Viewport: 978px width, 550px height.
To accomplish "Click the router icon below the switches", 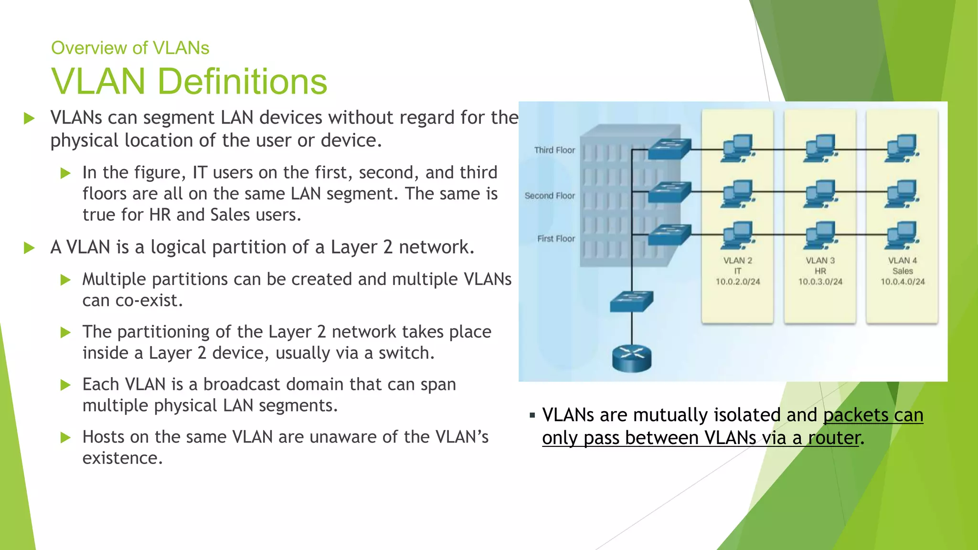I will coord(632,358).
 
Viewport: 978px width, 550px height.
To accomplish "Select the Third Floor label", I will coord(554,150).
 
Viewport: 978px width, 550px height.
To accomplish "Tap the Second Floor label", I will coord(550,196).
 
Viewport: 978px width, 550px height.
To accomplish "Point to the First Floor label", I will coord(556,239).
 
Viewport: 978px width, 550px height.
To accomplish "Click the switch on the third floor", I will coord(670,148).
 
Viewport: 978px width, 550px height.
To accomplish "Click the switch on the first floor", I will coord(670,234).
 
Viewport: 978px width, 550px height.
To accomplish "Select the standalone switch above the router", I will coord(632,301).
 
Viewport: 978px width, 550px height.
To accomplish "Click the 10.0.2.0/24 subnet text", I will coord(737,282).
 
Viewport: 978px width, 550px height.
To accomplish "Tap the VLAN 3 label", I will coord(820,261).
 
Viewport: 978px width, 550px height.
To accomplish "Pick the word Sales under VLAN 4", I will coord(903,271).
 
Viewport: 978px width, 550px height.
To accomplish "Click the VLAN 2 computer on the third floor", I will coord(738,148).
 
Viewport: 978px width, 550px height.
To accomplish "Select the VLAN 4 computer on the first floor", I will coord(902,235).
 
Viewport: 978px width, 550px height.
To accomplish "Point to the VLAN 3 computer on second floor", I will coord(820,193).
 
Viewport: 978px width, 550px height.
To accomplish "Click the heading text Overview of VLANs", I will coord(130,48).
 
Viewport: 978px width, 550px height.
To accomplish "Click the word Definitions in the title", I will coord(242,81).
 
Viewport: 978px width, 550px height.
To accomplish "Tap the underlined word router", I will coord(834,438).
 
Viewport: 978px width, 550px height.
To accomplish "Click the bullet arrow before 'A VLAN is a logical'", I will coord(30,248).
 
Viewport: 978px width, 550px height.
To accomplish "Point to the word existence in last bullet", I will coord(122,458).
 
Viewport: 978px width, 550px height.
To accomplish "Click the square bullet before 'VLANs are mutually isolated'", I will coord(532,416).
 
